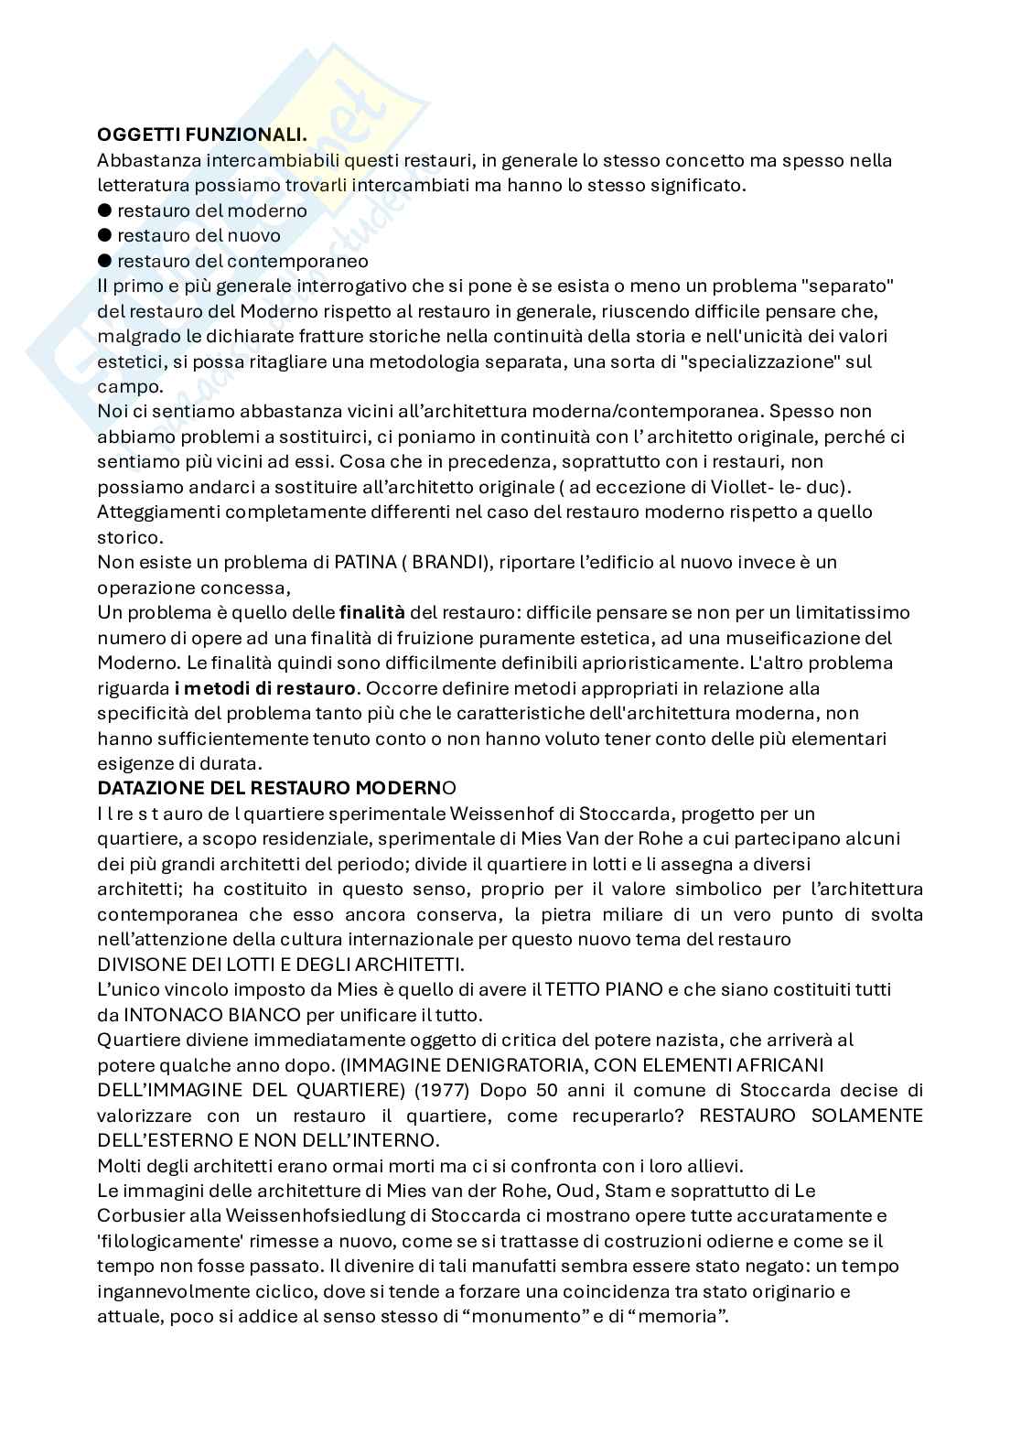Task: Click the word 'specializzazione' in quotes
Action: [x=767, y=361]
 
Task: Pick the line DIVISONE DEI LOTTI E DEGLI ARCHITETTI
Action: [x=281, y=964]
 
